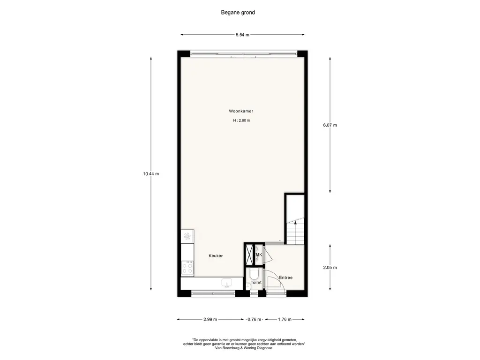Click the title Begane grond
pos(238,13)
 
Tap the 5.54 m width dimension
pos(242,35)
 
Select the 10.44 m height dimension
pos(151,174)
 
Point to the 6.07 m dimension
pos(330,125)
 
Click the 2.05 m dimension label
pos(330,268)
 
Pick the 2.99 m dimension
pos(210,319)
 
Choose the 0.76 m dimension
pos(255,319)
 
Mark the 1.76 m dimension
pos(285,319)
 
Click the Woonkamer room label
pos(241,111)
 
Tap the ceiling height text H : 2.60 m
pos(241,120)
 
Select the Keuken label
pos(216,256)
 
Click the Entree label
pos(285,277)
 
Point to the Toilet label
pos(256,283)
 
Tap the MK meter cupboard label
pos(259,255)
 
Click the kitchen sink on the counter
pos(226,283)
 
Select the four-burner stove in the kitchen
pos(187,268)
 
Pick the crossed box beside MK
pos(250,254)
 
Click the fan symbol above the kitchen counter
pos(187,236)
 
